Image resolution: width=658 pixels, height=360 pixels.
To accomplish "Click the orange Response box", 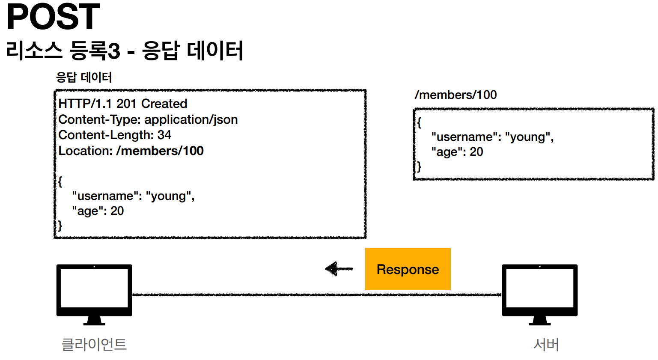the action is pyautogui.click(x=408, y=269).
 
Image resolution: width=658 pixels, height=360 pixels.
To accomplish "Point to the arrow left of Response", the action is pyautogui.click(x=339, y=269).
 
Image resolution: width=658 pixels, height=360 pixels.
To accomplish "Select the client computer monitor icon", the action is pyautogui.click(x=94, y=295).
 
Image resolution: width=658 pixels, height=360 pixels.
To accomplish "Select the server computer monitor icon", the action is pyautogui.click(x=539, y=295).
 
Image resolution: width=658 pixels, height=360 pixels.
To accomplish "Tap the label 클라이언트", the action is pyautogui.click(x=94, y=344).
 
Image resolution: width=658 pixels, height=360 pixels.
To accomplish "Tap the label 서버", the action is pyautogui.click(x=546, y=344).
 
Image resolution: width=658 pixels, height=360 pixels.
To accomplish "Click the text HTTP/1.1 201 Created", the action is pyautogui.click(x=123, y=104).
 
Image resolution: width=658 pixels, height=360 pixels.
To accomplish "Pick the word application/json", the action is pyautogui.click(x=191, y=120).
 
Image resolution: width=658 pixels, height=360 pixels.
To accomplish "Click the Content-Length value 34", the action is pyautogui.click(x=164, y=135).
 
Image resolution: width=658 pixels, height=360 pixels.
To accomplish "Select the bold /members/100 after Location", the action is pyautogui.click(x=160, y=151).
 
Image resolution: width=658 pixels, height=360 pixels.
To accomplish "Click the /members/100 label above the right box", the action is pyautogui.click(x=456, y=95).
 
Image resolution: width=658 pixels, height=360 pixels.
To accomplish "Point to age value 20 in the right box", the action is pyautogui.click(x=476, y=152).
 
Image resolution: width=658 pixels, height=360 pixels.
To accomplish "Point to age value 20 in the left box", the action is pyautogui.click(x=117, y=211).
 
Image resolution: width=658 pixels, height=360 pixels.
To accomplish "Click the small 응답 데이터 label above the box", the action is pyautogui.click(x=84, y=77).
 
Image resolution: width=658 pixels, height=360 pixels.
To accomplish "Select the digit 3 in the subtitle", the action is pyautogui.click(x=114, y=51).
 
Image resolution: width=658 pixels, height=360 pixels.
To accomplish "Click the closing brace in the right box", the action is pyautogui.click(x=419, y=167).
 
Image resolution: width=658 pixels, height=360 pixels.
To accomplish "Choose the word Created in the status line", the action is pyautogui.click(x=164, y=104).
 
